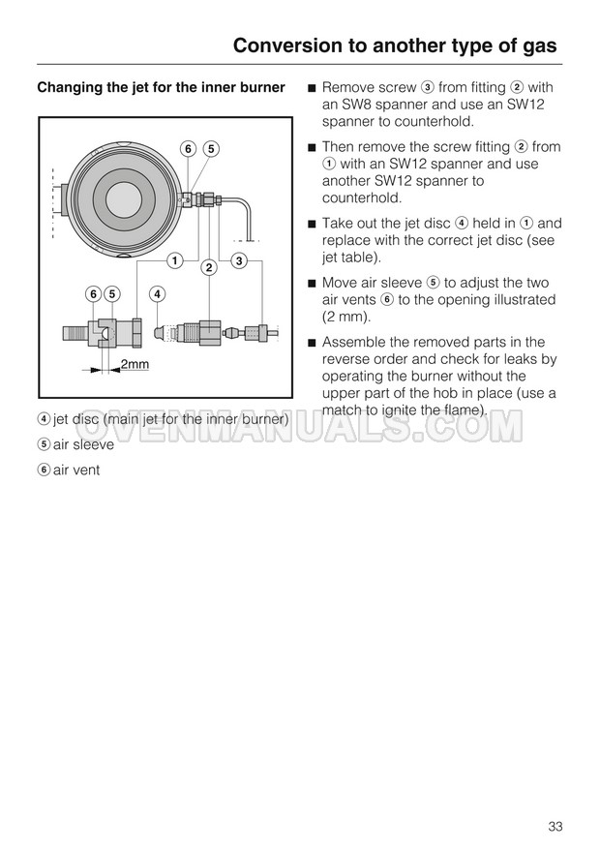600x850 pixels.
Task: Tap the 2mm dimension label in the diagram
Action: [x=135, y=364]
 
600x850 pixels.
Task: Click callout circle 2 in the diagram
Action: [x=207, y=267]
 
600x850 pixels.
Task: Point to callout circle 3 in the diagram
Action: [x=240, y=259]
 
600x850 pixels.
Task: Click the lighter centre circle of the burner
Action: [x=124, y=198]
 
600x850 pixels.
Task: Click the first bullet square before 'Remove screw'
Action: [x=312, y=88]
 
